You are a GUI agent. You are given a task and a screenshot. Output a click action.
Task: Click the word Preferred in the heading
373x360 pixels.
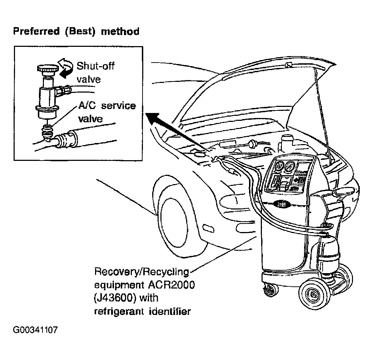coord(36,31)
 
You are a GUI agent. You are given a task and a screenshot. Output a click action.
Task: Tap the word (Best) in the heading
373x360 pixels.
coord(80,31)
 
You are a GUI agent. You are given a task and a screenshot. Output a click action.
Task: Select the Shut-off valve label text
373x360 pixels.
coord(95,72)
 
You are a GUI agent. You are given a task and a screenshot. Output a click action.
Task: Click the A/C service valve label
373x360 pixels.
coord(107,112)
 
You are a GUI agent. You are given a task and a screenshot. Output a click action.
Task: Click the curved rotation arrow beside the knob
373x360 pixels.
coord(66,67)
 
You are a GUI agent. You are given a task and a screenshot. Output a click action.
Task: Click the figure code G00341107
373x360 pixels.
coord(35,330)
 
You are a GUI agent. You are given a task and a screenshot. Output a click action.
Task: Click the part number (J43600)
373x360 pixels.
coord(115,298)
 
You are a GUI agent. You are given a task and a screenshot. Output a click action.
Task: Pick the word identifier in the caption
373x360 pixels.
coord(170,311)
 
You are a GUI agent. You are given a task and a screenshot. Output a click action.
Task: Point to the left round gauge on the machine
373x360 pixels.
coord(279,166)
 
